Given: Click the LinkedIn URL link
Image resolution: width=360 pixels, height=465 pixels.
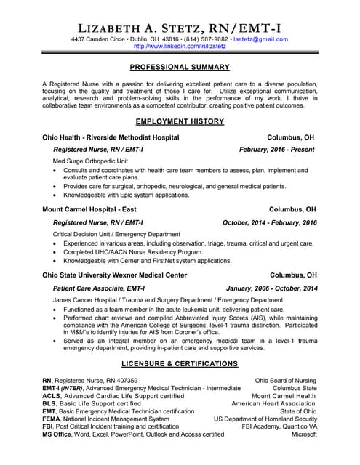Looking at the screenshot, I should (179, 46).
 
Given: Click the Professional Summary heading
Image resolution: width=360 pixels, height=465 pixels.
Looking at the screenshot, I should (180, 67).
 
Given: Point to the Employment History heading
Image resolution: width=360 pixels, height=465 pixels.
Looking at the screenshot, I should (180, 121).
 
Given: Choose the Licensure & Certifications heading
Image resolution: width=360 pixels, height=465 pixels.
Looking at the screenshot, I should (180, 363).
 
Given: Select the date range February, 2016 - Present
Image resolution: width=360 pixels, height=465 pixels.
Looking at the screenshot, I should (278, 149).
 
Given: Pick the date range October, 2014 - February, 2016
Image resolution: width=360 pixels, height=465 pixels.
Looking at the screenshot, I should (270, 222).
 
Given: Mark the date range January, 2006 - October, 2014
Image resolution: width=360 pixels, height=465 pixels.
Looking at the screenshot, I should (272, 288).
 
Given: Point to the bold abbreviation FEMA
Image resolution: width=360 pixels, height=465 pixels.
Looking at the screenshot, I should (52, 419).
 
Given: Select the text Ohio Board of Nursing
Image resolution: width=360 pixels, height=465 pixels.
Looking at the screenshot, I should (286, 380).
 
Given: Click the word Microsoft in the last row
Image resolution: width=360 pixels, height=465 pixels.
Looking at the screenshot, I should (304, 434).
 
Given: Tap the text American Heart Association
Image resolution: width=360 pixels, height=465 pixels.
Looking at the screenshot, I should (273, 403).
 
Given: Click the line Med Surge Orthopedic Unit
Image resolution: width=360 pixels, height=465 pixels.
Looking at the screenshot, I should (90, 161).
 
